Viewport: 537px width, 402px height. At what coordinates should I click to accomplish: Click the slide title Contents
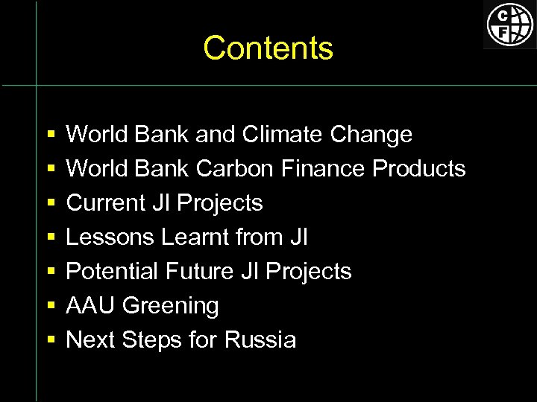[268, 48]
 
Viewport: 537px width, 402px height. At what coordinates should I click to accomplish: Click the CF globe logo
[510, 25]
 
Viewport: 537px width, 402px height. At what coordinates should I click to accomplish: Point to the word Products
[418, 169]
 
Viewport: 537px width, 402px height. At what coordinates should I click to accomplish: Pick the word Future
[201, 272]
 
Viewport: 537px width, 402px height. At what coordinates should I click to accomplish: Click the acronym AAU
[91, 306]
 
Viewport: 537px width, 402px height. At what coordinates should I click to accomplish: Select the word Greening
[171, 306]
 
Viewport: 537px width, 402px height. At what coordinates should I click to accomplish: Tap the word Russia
[260, 340]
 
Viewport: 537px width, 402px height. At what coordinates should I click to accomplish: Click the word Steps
[153, 340]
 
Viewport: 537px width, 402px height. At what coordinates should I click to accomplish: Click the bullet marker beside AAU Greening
[51, 307]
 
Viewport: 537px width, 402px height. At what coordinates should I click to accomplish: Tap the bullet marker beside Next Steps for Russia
[51, 341]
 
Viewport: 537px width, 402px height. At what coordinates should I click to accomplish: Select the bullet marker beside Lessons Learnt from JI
[51, 238]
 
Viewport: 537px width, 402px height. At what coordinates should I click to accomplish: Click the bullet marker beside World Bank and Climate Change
[51, 135]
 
